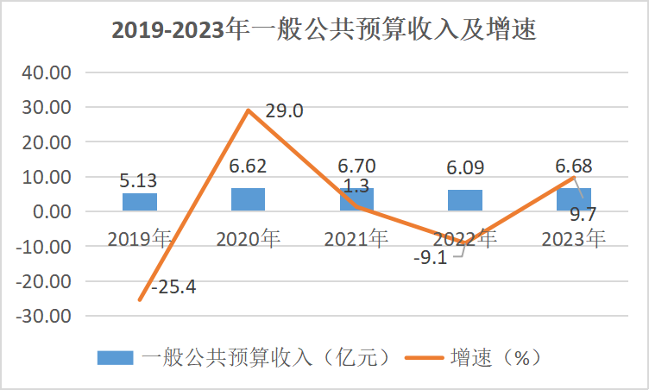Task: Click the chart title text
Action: point(324,30)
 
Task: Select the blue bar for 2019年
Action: point(140,202)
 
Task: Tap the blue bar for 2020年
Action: point(248,199)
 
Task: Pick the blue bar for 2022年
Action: point(465,200)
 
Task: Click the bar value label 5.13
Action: point(140,181)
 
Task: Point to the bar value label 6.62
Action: point(248,166)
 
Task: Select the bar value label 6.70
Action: point(356,166)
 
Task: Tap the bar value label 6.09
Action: point(465,166)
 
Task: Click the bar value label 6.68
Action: point(573,166)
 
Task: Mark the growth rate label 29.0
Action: point(286,111)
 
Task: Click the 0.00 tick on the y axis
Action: point(50,211)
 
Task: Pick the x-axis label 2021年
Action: point(356,239)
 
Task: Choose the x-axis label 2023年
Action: point(573,239)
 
